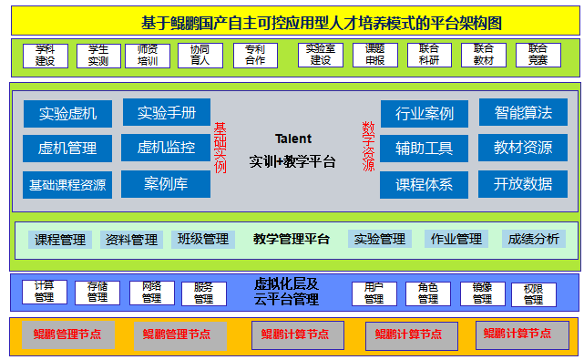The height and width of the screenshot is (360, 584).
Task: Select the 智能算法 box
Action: pyautogui.click(x=523, y=113)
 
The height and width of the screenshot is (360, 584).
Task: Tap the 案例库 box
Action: pyautogui.click(x=166, y=184)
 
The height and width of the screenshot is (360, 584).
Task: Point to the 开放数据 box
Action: pyautogui.click(x=523, y=183)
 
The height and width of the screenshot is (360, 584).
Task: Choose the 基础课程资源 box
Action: pyautogui.click(x=67, y=185)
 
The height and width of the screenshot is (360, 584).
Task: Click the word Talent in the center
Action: pyautogui.click(x=292, y=139)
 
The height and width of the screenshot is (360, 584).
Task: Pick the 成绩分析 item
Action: pyautogui.click(x=534, y=240)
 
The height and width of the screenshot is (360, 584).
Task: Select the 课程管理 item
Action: pyautogui.click(x=60, y=240)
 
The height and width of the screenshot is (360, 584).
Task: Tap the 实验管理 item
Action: pyautogui.click(x=380, y=240)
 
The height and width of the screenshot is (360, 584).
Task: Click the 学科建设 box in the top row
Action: pyautogui.click(x=45, y=56)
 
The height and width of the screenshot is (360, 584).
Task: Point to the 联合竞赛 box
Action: pyautogui.click(x=538, y=56)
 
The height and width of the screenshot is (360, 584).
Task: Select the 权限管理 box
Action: pyautogui.click(x=534, y=294)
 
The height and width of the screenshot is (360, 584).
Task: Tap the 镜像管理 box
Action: pyautogui.click(x=482, y=293)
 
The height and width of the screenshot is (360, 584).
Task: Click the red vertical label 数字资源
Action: pyautogui.click(x=368, y=148)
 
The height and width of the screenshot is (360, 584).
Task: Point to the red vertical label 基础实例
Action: pyautogui.click(x=220, y=148)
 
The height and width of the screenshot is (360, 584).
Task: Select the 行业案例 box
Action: pyautogui.click(x=424, y=114)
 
